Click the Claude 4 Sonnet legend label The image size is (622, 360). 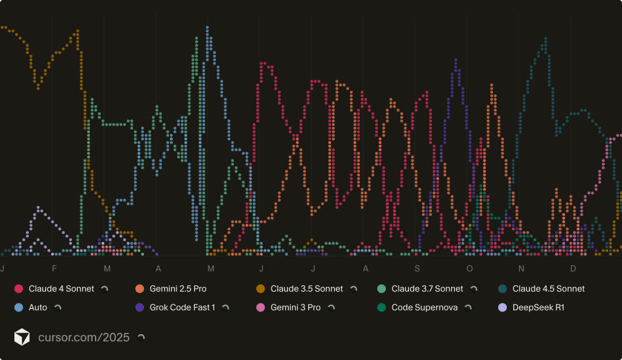point(61,289)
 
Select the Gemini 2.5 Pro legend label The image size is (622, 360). point(178,289)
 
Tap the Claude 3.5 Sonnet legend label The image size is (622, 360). point(306,289)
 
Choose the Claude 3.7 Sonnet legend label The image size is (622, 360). point(427,289)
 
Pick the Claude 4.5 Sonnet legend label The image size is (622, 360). point(548,289)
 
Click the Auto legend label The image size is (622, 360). point(38,308)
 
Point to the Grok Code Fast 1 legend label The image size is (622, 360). point(182,308)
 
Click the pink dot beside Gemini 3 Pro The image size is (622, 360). point(260,308)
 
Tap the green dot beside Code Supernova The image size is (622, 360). point(381,308)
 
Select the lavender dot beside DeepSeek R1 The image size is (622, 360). point(502,308)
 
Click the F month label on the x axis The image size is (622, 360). point(54,269)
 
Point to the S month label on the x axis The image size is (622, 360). point(417,269)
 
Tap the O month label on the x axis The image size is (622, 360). point(469,269)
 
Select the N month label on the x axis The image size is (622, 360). point(521,269)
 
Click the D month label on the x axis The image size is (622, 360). point(573,269)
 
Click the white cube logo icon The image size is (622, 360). point(22,337)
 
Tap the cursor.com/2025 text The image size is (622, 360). point(84,337)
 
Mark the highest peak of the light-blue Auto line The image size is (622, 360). point(207,27)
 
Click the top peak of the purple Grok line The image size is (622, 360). point(456,59)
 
